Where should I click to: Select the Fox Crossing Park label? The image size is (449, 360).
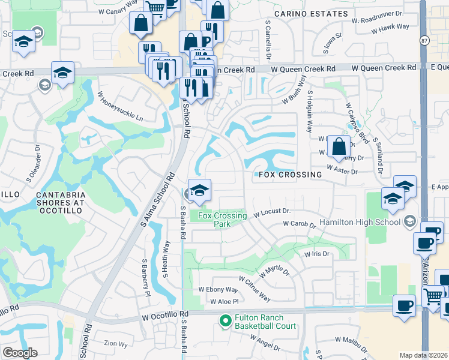[222, 219]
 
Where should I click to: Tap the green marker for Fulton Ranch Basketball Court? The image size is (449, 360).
[226, 321]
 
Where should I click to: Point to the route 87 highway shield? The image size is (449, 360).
[423, 40]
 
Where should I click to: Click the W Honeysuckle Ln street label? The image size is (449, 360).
[120, 107]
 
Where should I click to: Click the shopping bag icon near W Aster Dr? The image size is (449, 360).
[339, 146]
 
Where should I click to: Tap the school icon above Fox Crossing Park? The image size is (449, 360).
[199, 190]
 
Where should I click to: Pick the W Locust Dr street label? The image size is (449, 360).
[272, 212]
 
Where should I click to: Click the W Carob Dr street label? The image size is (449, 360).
[300, 224]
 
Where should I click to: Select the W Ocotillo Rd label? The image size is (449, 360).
[165, 314]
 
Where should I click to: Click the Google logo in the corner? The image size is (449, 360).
[20, 353]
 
